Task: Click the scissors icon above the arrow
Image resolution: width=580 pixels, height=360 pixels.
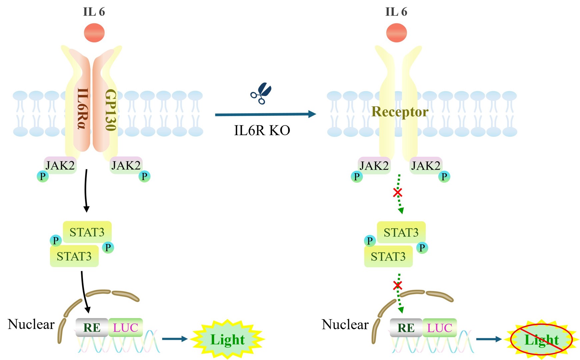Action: click(x=261, y=93)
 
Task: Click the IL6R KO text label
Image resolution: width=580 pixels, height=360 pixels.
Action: click(x=262, y=130)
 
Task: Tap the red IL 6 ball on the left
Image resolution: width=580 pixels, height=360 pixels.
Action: click(x=94, y=33)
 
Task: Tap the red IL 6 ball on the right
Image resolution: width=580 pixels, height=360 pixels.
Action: click(x=396, y=33)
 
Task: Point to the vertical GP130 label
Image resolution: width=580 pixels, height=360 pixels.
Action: click(x=110, y=110)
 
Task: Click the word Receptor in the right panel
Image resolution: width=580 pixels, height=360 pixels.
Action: click(x=400, y=112)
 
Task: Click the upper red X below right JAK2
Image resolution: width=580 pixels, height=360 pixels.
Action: click(x=397, y=193)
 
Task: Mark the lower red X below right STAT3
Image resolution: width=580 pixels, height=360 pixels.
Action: click(x=397, y=285)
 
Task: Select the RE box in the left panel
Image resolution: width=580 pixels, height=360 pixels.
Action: click(x=92, y=328)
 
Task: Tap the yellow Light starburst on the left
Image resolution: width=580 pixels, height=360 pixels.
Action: click(x=227, y=339)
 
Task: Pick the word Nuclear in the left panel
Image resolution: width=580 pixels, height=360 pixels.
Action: click(x=31, y=324)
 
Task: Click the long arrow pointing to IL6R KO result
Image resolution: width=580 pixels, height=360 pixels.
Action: click(x=265, y=114)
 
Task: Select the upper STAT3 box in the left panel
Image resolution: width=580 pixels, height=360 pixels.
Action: click(x=87, y=232)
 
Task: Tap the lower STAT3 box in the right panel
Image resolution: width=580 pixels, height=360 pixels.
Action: click(x=388, y=257)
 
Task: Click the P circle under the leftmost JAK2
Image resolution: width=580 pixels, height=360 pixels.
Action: click(x=43, y=176)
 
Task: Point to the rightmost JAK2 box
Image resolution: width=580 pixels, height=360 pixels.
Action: click(x=426, y=165)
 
